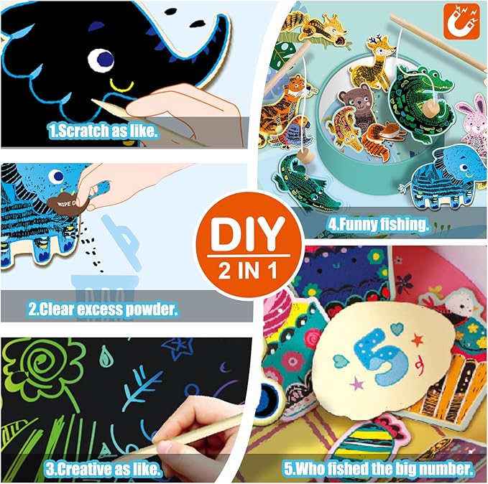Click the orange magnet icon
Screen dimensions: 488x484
[461, 22]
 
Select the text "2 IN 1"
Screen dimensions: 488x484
[248, 270]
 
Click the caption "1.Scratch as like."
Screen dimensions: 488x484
[103, 131]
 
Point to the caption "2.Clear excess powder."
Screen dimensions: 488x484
[103, 310]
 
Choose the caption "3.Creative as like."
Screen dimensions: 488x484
[103, 469]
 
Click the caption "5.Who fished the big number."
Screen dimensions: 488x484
[379, 468]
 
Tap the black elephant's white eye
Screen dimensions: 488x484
[101, 60]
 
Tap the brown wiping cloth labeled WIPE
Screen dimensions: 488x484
[67, 203]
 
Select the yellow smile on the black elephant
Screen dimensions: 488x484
[122, 85]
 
